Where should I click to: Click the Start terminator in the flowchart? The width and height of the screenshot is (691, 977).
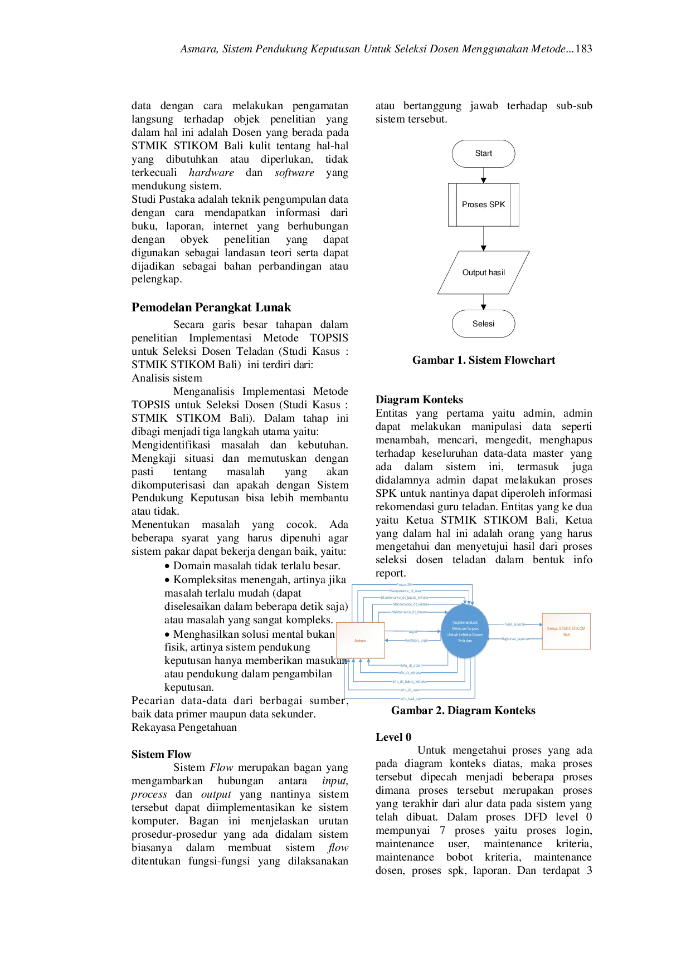click(483, 154)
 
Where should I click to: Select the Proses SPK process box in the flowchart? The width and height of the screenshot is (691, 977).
click(483, 204)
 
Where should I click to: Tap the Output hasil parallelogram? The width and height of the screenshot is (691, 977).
click(483, 272)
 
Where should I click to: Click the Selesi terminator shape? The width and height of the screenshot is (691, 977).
click(483, 324)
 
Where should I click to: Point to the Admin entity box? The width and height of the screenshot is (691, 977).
click(360, 641)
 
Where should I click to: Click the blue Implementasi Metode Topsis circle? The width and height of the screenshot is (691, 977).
click(465, 632)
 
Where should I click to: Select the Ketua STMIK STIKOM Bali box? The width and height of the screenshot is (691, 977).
click(566, 631)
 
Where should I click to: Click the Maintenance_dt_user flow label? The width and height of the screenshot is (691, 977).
click(406, 591)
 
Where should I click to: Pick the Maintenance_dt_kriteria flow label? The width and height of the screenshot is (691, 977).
click(411, 604)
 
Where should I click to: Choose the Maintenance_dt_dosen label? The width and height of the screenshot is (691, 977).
click(410, 612)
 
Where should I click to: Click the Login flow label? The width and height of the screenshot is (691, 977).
click(413, 632)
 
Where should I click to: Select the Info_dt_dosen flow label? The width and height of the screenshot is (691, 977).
click(411, 666)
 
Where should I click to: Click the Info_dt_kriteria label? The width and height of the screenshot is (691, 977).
click(411, 673)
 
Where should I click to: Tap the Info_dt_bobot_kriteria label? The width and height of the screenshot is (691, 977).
click(410, 682)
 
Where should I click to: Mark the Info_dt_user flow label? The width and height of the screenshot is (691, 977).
click(410, 690)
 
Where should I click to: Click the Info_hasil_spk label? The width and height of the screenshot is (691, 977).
click(411, 699)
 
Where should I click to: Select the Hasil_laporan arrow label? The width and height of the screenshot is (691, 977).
click(515, 624)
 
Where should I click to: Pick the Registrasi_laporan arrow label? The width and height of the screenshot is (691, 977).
click(515, 639)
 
